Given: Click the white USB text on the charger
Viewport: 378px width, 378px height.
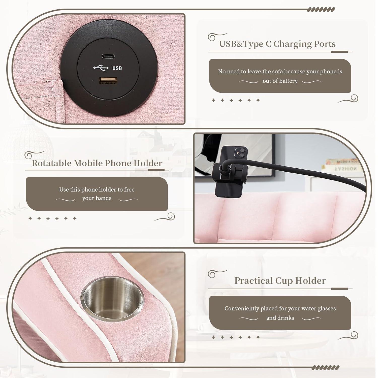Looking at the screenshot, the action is pos(117,68).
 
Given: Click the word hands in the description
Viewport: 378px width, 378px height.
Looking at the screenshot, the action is pos(104,198).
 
